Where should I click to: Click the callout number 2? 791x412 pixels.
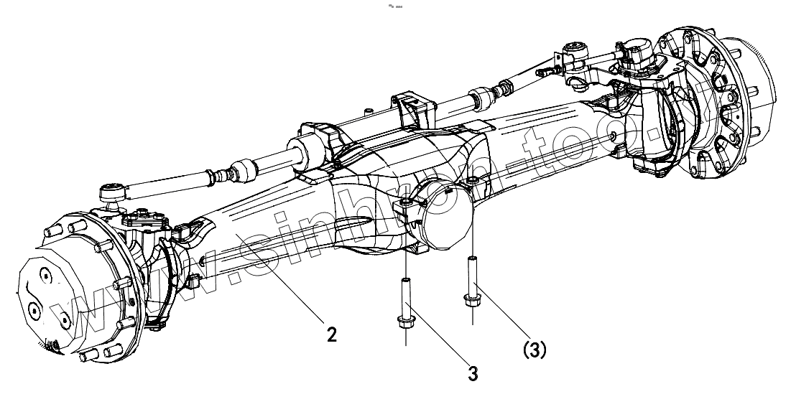[331, 334]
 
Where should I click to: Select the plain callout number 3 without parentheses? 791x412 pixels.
[473, 373]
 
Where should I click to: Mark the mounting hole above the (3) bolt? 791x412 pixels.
[472, 179]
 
